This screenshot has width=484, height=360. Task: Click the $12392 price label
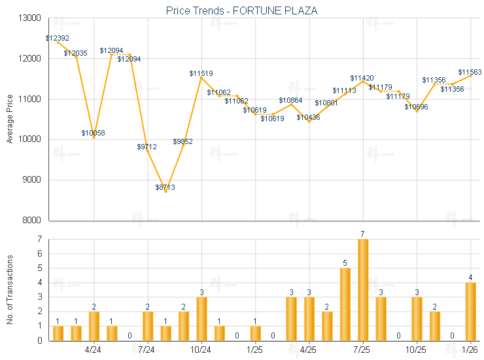(x=58, y=39)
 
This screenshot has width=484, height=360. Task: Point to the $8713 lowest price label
(x=165, y=188)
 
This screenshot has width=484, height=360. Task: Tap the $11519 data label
(x=201, y=74)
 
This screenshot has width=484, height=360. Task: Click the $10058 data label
(x=94, y=134)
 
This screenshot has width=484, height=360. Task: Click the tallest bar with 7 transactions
(x=363, y=290)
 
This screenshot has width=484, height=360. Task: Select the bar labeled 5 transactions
(x=345, y=304)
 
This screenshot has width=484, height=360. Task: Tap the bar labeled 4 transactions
(x=470, y=311)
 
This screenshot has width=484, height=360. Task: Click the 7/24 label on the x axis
(x=147, y=350)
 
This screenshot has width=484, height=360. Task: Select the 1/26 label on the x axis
(x=469, y=350)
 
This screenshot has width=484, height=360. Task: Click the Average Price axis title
(x=10, y=119)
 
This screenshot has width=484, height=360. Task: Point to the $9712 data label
(x=147, y=147)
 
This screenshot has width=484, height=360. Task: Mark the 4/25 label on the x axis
(x=307, y=350)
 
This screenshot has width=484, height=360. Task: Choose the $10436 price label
(x=308, y=118)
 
